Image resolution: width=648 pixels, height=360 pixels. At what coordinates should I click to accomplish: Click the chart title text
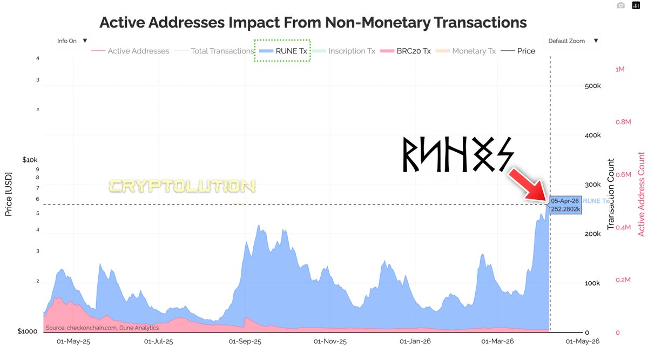313,22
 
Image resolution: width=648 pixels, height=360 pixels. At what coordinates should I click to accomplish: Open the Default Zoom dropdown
573,40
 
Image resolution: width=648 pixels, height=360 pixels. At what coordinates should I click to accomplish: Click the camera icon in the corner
621,5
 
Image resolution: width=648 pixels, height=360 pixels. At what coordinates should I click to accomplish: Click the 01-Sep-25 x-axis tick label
245,342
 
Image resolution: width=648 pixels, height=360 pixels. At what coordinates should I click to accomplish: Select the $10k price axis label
30,160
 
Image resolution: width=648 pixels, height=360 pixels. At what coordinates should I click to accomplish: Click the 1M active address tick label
620,70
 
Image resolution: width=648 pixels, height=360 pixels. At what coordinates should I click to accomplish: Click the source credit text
102,328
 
